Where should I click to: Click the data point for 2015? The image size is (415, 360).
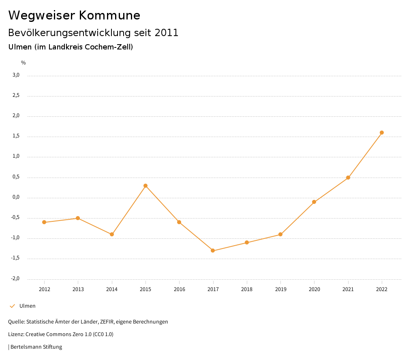(x=145, y=186)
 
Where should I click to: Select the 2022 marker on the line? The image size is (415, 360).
(x=382, y=133)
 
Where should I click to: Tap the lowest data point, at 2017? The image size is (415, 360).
(x=213, y=251)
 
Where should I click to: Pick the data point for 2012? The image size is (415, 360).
(x=44, y=222)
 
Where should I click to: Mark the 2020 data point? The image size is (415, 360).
(x=314, y=202)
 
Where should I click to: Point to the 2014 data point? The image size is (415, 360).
(x=112, y=234)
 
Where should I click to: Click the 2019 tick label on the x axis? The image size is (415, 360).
(x=280, y=289)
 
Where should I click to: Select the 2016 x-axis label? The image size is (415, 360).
(x=179, y=289)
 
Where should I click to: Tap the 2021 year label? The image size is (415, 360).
(x=348, y=289)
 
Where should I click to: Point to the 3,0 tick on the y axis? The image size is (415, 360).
(x=16, y=75)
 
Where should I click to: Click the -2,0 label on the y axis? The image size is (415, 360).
(x=15, y=279)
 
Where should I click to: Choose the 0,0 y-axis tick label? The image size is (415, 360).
(x=16, y=197)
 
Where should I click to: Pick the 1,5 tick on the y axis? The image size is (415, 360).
(x=16, y=136)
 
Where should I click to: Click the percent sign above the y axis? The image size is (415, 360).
(x=24, y=62)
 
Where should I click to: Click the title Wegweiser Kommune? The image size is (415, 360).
(x=74, y=15)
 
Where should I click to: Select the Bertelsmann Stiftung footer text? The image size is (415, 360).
(x=36, y=347)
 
